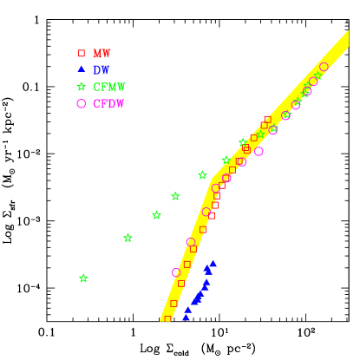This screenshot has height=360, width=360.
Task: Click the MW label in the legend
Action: [x=101, y=53]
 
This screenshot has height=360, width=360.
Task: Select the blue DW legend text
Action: [x=101, y=69]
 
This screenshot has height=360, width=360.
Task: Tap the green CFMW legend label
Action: [x=109, y=87]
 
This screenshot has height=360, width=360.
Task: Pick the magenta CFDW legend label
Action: [x=109, y=103]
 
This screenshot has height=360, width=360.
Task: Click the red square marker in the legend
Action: [x=82, y=53]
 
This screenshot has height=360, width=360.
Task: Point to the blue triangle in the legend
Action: [x=82, y=69]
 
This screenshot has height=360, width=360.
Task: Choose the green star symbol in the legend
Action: [x=82, y=87]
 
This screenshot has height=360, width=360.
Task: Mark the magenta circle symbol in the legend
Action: [x=82, y=103]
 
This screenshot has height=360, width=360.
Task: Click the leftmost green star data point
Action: [x=83, y=278]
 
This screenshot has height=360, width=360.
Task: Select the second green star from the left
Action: [x=128, y=238]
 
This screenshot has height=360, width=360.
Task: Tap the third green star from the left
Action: [x=157, y=215]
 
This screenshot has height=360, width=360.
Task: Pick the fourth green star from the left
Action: [x=175, y=197]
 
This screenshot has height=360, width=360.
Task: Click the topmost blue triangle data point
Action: [x=213, y=263]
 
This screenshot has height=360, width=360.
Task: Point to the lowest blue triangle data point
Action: [x=186, y=317]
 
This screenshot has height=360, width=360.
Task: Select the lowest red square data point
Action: [x=167, y=318]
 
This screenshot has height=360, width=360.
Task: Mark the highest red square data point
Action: [x=267, y=120]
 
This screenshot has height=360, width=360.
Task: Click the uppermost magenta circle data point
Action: [x=324, y=67]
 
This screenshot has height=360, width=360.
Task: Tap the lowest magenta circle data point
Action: [x=176, y=272]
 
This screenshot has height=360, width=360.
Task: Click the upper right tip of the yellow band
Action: [x=346, y=33]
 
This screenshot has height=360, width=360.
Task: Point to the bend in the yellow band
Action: [x=212, y=182]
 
